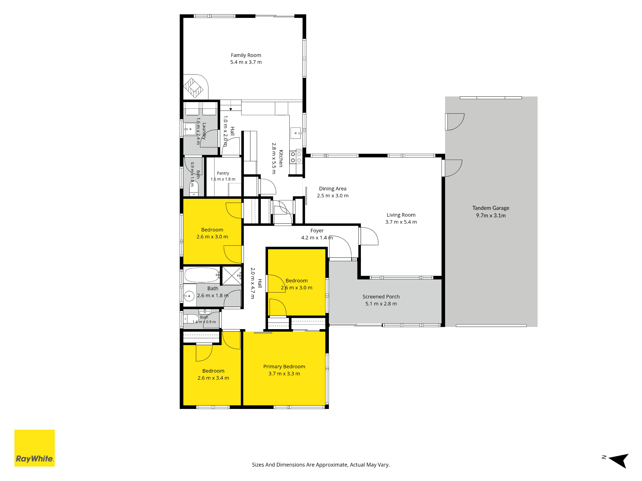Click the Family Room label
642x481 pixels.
(x=246, y=55)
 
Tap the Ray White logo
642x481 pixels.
(x=34, y=448)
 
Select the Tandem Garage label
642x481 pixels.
(x=491, y=208)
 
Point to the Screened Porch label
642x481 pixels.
(x=381, y=297)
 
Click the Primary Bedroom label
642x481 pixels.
(x=284, y=367)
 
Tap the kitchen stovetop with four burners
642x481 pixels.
(x=296, y=157)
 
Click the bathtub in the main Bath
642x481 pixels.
(x=202, y=275)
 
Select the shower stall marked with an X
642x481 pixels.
(x=232, y=276)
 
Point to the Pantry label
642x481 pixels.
(x=223, y=173)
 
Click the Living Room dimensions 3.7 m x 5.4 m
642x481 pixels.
(x=401, y=222)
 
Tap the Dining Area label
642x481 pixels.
(x=333, y=189)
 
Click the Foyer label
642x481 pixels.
(x=317, y=231)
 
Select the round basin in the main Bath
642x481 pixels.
(x=189, y=296)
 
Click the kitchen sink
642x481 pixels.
(x=296, y=133)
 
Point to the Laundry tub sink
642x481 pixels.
(x=190, y=129)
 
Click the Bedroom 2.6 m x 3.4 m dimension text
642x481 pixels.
(x=213, y=378)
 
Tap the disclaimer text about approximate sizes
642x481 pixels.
(x=321, y=465)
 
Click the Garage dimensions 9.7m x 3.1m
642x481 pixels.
(x=491, y=215)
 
